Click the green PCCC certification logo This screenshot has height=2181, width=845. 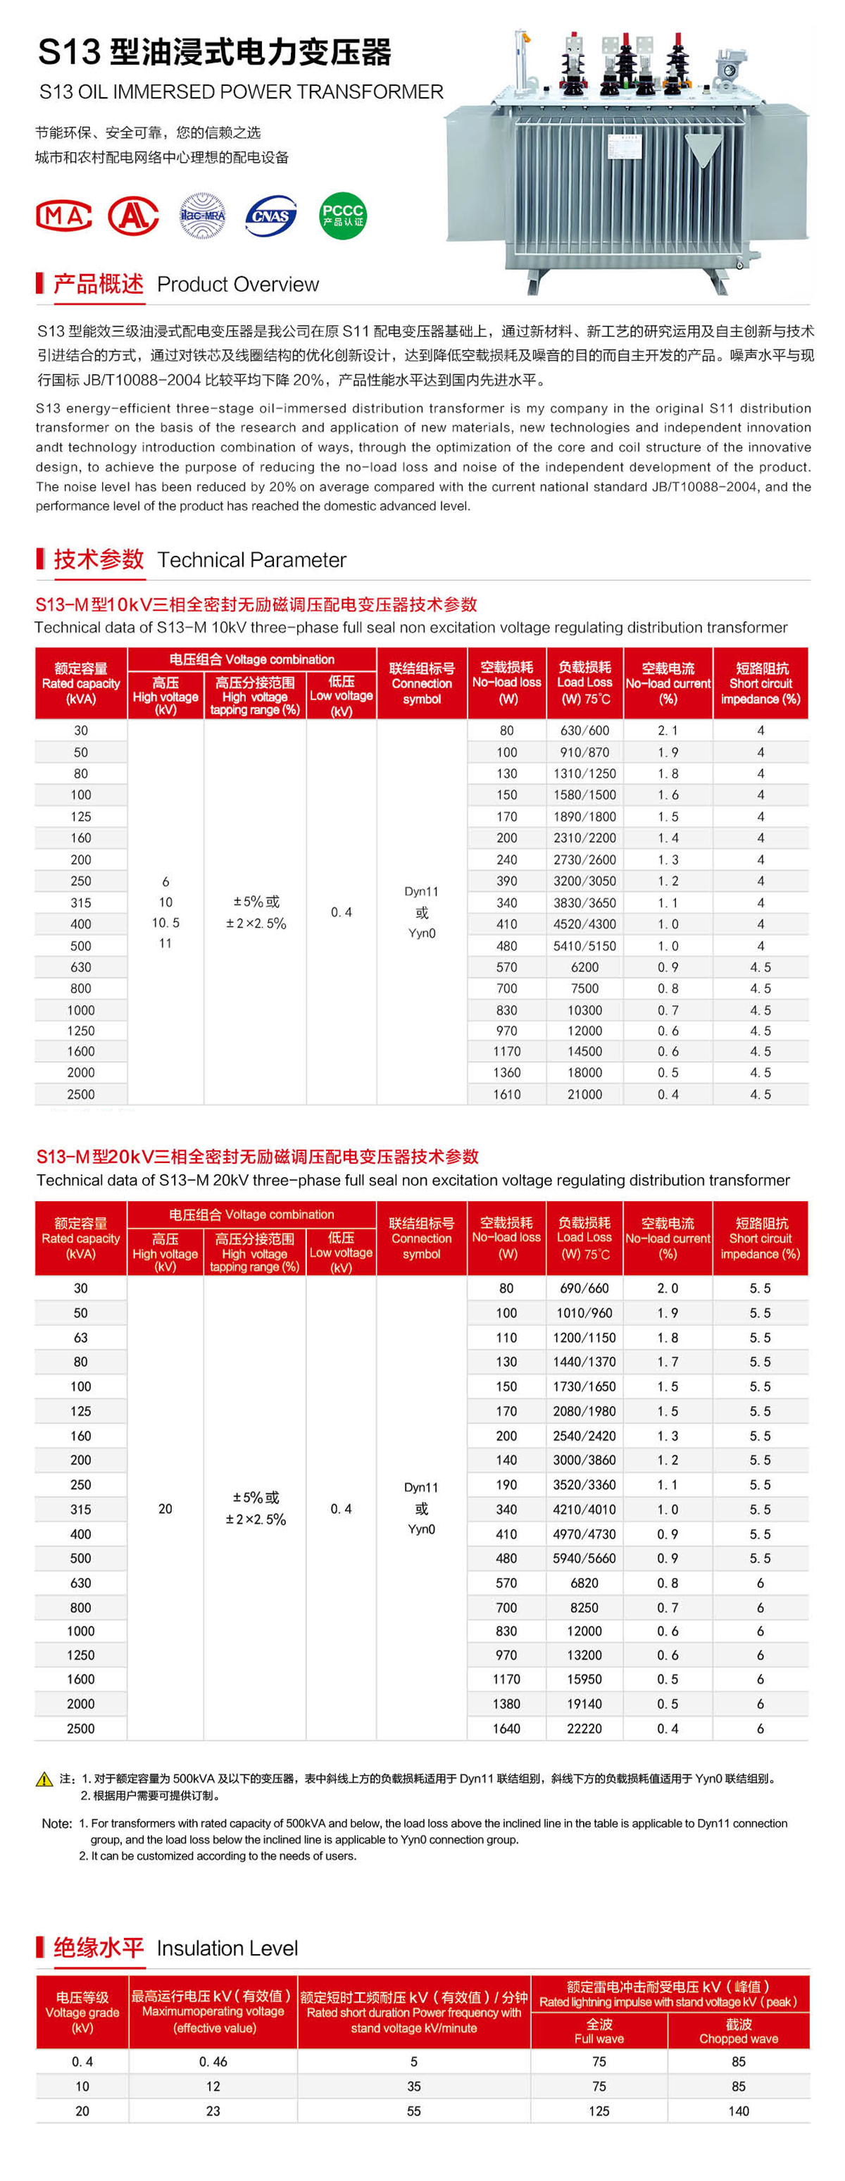[342, 216]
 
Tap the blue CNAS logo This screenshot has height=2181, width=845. [271, 216]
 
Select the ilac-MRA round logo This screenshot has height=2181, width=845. [202, 216]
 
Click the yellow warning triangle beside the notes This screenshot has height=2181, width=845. [45, 1779]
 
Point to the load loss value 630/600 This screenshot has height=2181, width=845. [584, 731]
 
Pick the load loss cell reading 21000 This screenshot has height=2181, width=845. [584, 1094]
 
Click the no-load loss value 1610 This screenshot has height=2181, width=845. [506, 1094]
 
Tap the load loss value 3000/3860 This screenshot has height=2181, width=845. [584, 1460]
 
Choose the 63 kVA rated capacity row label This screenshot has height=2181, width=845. [80, 1338]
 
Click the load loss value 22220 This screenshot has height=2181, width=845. [584, 1728]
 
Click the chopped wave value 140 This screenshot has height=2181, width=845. [738, 2111]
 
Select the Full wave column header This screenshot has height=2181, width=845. [599, 2030]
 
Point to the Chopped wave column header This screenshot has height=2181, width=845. [738, 2030]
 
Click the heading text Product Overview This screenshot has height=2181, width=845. [238, 285]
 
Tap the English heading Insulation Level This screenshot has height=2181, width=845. [227, 1948]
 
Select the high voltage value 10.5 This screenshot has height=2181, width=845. [165, 923]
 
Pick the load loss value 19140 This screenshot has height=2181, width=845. [584, 1703]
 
